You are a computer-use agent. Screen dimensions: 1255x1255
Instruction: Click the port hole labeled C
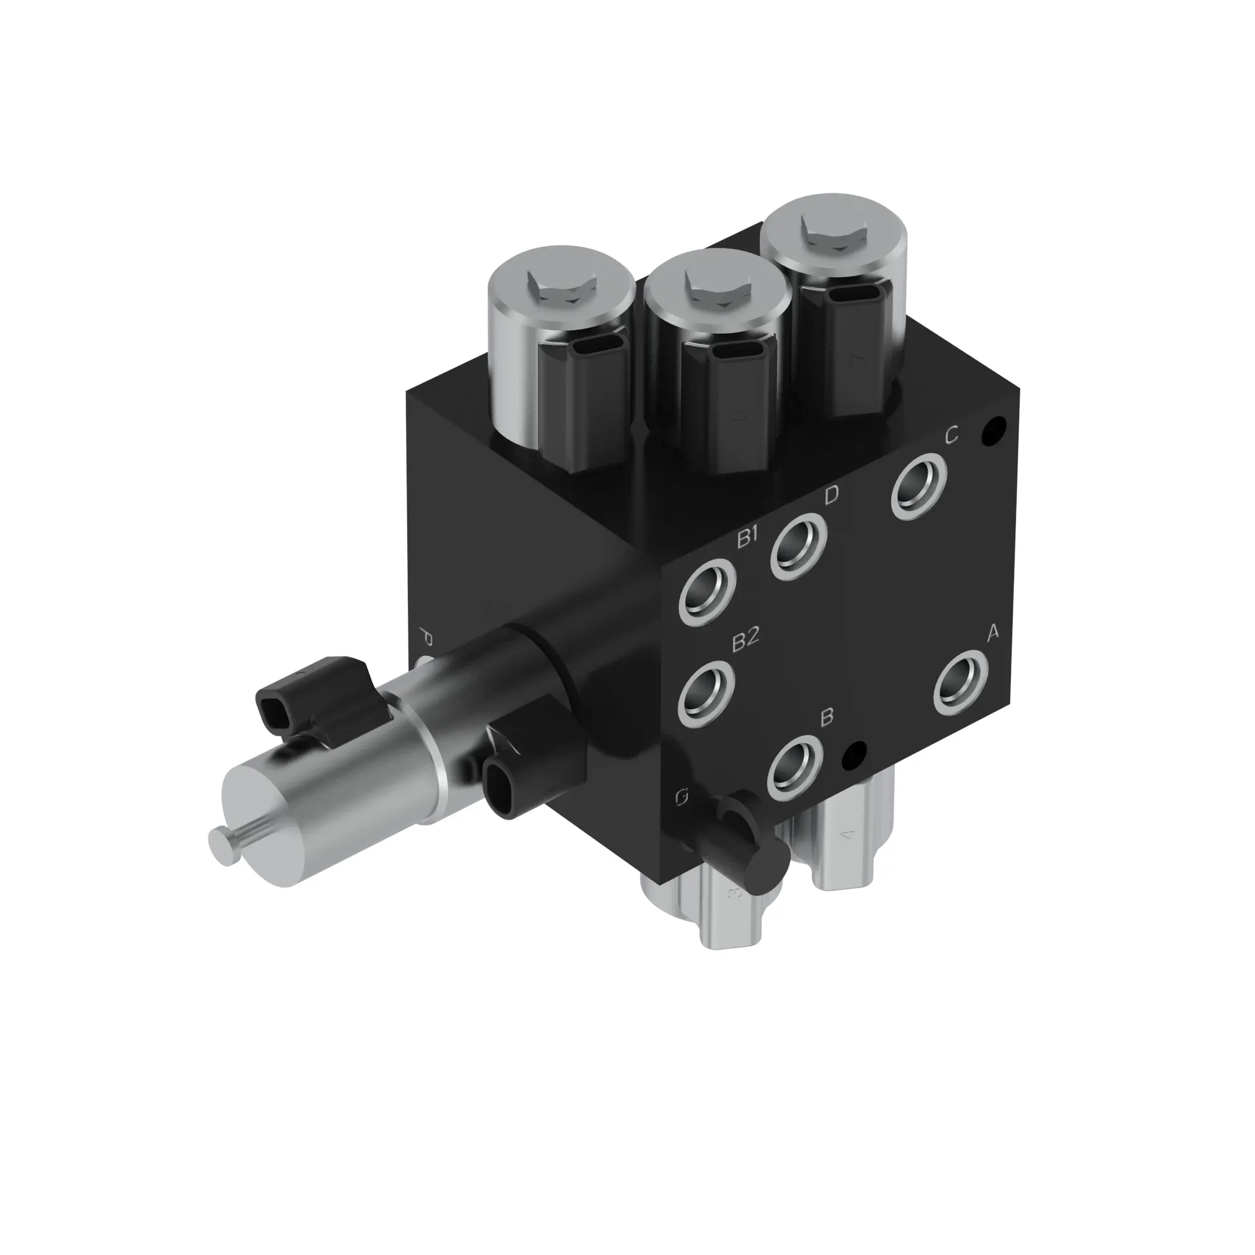pos(919,487)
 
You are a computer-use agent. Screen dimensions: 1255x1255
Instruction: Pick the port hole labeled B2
pos(707,694)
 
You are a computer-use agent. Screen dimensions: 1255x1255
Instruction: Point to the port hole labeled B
pos(795,769)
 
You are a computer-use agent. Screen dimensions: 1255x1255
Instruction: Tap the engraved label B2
pos(745,641)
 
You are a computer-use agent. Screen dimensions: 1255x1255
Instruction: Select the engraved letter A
pos(992,633)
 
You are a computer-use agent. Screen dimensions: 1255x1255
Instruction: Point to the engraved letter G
pos(681,797)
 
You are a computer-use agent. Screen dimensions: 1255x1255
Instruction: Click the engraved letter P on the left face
pos(426,636)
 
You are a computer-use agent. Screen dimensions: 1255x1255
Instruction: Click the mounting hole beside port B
pos(854,754)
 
